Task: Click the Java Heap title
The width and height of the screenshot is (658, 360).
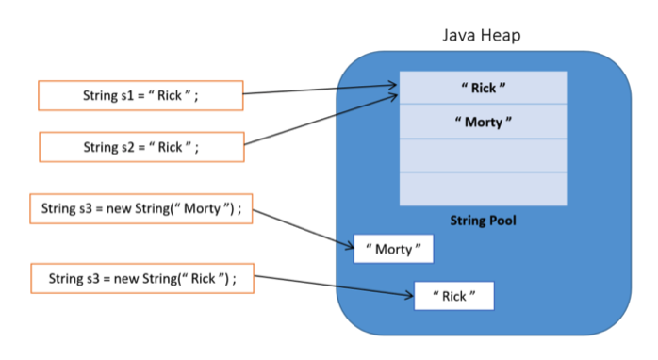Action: click(x=482, y=35)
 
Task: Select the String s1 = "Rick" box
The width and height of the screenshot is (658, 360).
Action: click(x=140, y=95)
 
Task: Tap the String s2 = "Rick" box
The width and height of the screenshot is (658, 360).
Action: click(x=140, y=147)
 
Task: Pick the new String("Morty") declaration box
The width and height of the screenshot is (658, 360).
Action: click(x=141, y=209)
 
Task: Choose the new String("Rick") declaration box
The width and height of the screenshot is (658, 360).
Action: click(x=140, y=279)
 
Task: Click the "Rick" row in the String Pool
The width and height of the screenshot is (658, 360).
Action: click(x=483, y=88)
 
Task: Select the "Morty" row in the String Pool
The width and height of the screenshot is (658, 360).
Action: click(x=483, y=123)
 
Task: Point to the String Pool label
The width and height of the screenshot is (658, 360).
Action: click(x=483, y=221)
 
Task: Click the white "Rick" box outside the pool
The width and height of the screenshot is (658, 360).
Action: click(x=453, y=296)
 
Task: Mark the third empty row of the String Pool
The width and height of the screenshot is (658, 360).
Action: click(x=483, y=155)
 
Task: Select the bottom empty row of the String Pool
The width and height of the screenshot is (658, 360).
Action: click(x=483, y=188)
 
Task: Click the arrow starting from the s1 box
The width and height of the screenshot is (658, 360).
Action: click(x=321, y=91)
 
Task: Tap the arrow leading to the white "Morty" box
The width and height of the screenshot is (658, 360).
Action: click(x=302, y=227)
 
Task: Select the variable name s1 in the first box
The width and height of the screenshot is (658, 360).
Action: click(x=126, y=95)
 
